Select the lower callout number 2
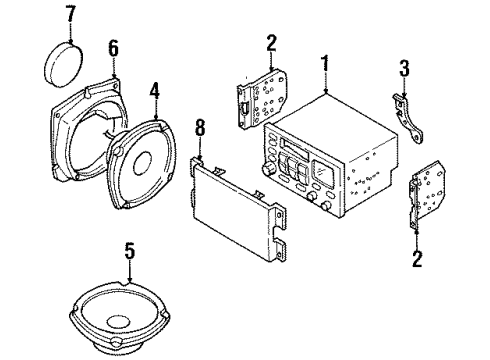tap(417, 259)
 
